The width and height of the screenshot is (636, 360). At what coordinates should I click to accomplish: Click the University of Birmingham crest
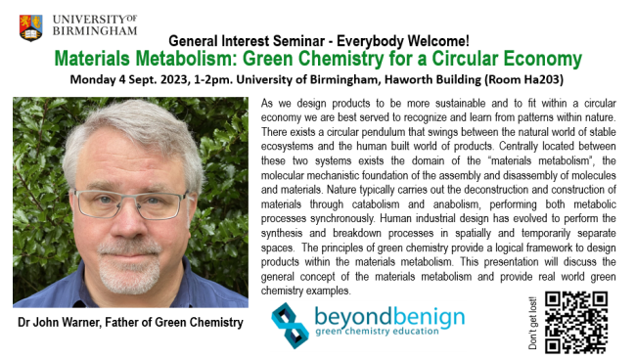[x=31, y=26]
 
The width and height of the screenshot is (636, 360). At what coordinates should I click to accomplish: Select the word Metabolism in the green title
[x=202, y=59]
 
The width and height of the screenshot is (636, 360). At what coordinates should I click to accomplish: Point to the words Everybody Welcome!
[x=402, y=42]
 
